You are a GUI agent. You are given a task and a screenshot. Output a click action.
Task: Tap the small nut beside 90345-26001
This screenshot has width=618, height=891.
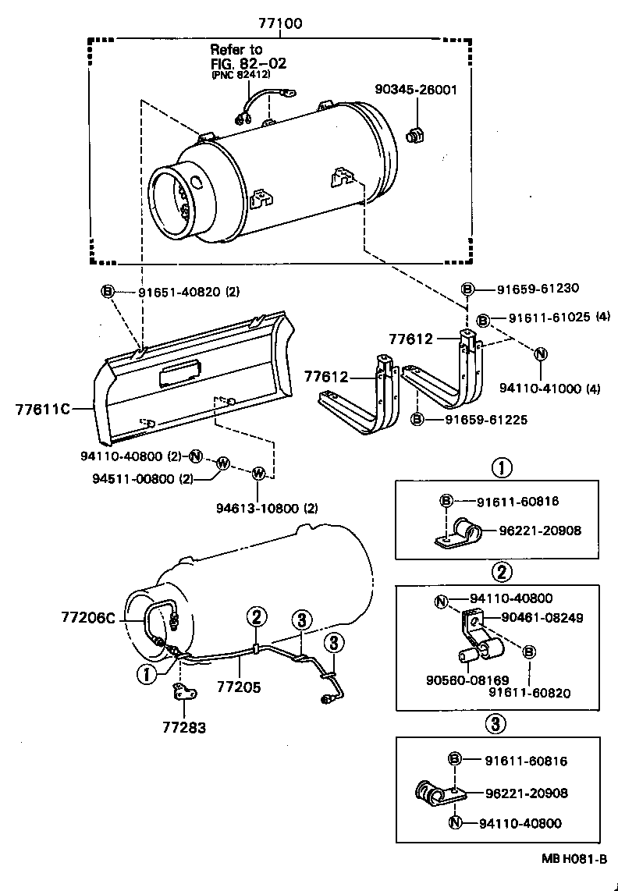(x=415, y=135)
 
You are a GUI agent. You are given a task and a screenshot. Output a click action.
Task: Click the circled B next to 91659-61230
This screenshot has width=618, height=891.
(x=467, y=289)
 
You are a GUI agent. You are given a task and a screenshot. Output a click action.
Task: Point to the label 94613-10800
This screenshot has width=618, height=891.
(x=257, y=509)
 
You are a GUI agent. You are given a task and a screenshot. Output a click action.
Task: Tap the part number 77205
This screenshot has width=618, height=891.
(x=239, y=687)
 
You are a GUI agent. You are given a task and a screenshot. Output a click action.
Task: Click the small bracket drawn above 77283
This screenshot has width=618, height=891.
(x=184, y=690)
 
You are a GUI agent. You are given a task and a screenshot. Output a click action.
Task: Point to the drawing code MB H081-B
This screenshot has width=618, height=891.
(x=575, y=859)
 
